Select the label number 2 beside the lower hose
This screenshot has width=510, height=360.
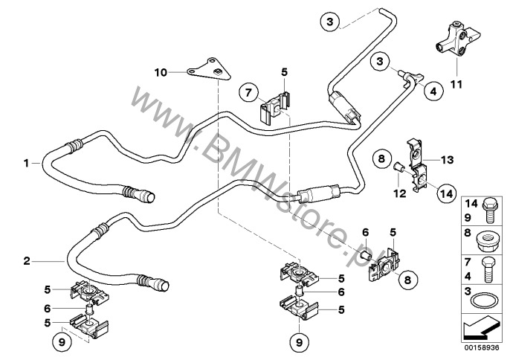[x=26, y=260]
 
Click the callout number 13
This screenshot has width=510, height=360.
[x=447, y=159]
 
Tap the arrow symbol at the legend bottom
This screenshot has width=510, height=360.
[x=482, y=327]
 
